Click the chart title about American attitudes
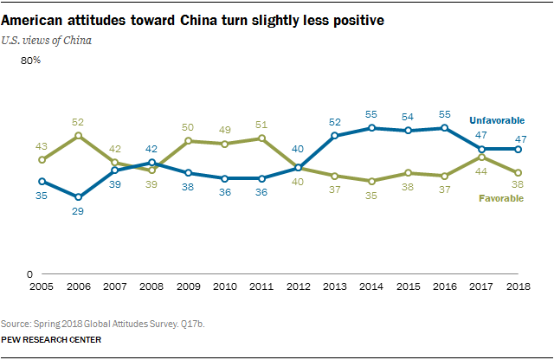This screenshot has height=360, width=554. [193, 18]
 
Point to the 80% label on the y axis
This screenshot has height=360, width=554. [31, 61]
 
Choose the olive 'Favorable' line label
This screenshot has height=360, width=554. [501, 199]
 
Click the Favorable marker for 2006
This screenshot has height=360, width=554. [78, 135]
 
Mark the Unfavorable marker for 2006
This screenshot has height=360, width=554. [78, 196]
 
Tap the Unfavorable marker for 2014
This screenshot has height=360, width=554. [373, 127]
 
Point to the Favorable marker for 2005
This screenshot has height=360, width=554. [41, 159]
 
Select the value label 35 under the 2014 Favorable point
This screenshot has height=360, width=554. [373, 196]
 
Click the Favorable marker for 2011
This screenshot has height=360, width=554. [262, 138]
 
